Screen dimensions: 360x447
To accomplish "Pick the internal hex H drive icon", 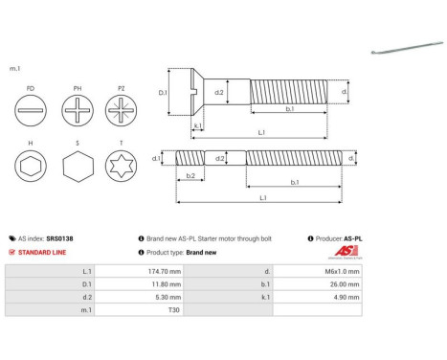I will pos(33,169).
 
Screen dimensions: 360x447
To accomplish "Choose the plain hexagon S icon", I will pos(78,169).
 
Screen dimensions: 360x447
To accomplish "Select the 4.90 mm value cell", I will pos(345,297).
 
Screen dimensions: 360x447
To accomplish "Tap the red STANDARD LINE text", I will pos(43,252).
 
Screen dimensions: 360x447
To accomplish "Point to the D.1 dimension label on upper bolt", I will pos(163,93).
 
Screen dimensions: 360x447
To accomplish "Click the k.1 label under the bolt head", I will pos(197,125).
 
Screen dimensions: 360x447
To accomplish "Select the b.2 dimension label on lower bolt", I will pos(190,176).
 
